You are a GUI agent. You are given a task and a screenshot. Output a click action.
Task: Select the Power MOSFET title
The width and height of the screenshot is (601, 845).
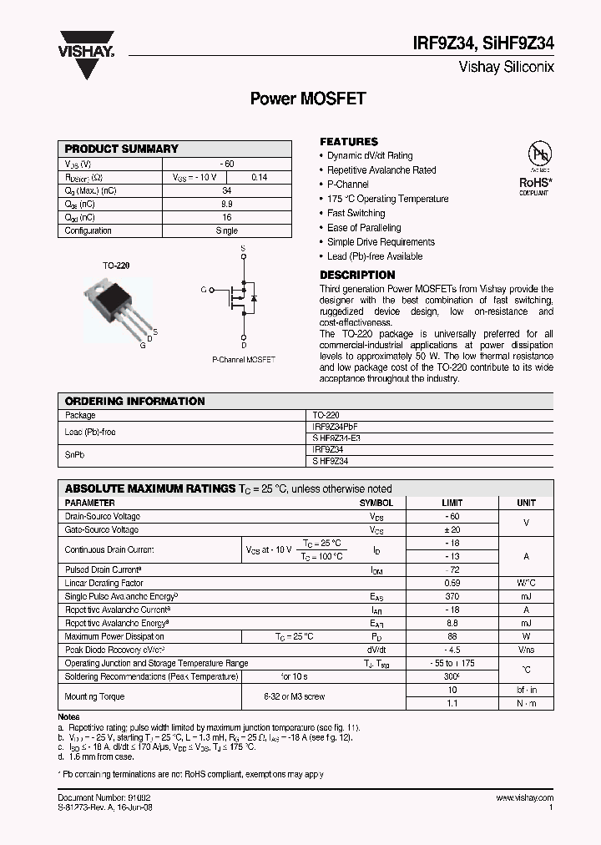(x=308, y=99)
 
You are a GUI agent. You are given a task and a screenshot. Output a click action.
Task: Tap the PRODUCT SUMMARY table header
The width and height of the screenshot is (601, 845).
(x=122, y=149)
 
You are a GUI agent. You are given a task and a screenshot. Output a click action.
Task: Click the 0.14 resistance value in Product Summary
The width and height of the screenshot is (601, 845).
(x=260, y=177)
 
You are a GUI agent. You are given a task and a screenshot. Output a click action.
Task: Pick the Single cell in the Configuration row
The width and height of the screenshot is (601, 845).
(x=226, y=231)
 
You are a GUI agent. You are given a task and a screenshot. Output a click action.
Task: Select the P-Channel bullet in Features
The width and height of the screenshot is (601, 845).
(x=348, y=185)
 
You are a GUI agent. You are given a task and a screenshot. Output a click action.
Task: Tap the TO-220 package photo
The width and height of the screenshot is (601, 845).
(x=113, y=304)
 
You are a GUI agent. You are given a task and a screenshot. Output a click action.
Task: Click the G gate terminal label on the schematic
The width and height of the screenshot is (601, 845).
(x=203, y=289)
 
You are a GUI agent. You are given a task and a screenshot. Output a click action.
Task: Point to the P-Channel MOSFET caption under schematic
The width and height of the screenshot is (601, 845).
(x=243, y=360)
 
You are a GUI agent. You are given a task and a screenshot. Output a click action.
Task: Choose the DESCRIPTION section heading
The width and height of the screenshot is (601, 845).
(x=357, y=275)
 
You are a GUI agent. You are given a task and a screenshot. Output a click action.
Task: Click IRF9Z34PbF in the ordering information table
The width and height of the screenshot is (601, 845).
(x=335, y=427)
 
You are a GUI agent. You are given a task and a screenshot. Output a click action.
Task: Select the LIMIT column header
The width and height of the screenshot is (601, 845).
(x=451, y=503)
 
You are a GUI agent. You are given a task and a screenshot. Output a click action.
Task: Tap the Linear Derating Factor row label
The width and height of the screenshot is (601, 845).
(x=104, y=583)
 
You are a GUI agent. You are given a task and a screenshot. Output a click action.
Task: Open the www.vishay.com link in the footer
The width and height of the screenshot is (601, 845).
(x=523, y=798)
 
